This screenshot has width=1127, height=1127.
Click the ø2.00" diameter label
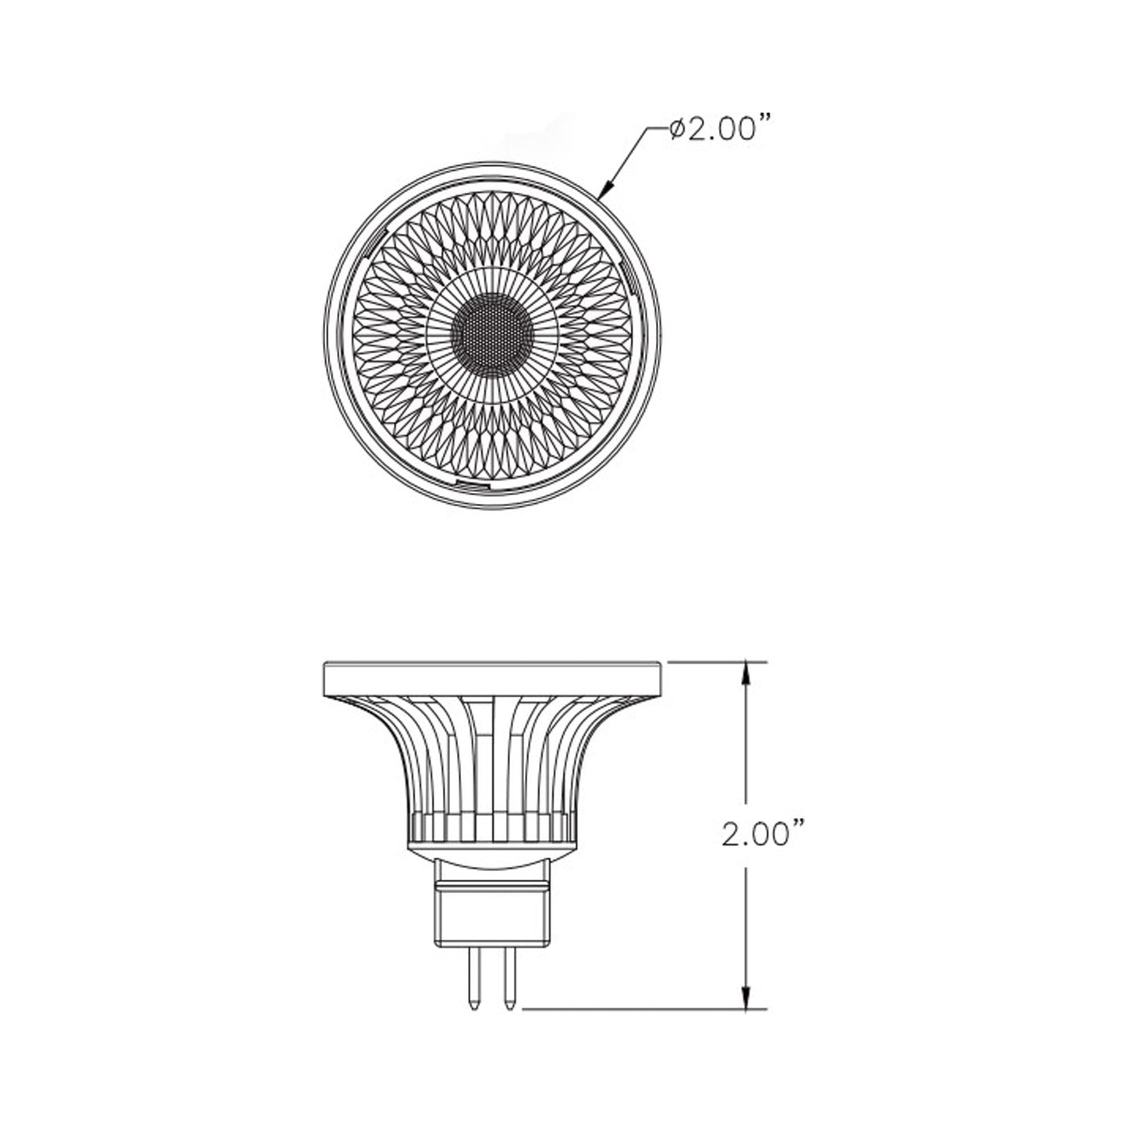[714, 129]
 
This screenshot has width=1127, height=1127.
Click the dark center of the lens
[492, 336]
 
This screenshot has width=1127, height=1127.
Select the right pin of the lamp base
[510, 979]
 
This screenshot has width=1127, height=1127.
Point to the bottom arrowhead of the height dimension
[747, 999]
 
